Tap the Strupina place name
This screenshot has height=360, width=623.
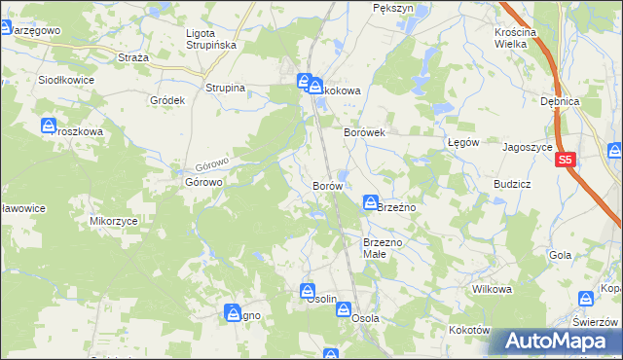225,88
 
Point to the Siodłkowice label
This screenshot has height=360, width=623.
65,81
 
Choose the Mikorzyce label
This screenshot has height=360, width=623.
114,221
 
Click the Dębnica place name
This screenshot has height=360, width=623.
560,101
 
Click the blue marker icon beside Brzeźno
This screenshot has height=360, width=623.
371,202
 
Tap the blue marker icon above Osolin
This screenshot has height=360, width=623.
308,289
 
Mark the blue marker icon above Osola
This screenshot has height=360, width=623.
345,307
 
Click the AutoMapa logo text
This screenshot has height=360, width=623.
561,342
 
